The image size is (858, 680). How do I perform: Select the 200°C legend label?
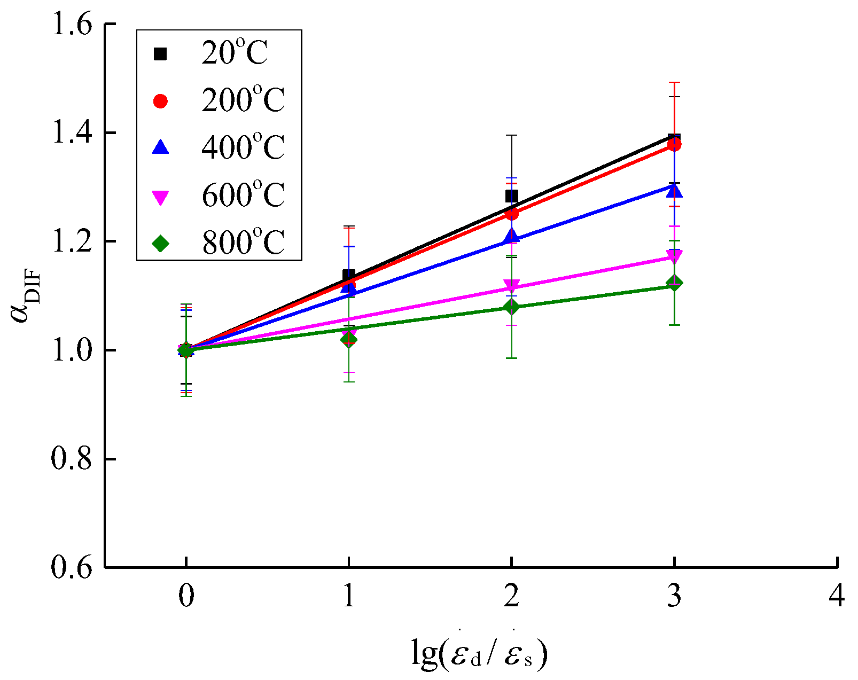click(243, 100)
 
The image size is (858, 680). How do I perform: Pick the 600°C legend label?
click(243, 196)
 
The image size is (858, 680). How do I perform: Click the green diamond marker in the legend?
click(160, 244)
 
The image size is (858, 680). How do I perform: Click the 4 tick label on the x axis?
click(837, 596)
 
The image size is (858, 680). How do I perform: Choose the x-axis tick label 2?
click(511, 596)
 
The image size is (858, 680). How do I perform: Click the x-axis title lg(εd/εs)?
click(479, 653)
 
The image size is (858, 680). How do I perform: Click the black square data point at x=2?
click(511, 196)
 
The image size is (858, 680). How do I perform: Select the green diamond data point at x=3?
click(674, 283)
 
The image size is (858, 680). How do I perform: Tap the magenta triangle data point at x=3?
click(674, 256)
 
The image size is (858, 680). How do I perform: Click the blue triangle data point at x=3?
click(674, 190)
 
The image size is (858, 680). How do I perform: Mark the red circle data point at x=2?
click(511, 214)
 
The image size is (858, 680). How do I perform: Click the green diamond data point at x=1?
click(348, 339)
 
